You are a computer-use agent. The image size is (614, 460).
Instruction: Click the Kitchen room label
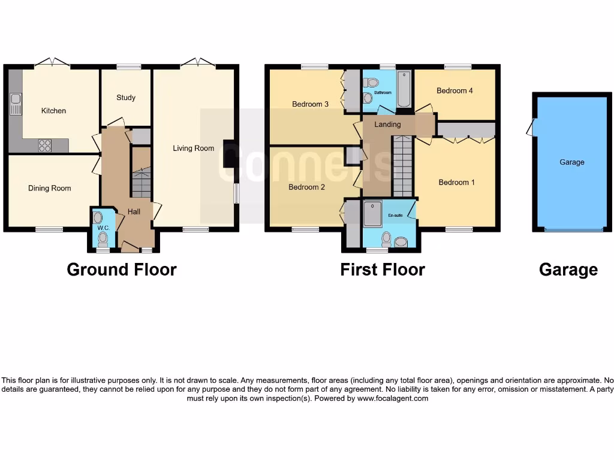coord(53,111)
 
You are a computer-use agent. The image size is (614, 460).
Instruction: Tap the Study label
coord(126,98)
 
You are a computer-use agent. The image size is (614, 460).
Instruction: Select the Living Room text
coord(193,149)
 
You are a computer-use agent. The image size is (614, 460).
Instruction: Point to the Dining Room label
coord(49,188)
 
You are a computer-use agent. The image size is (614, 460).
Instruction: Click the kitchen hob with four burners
coord(45,145)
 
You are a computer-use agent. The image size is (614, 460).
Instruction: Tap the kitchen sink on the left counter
coord(15,104)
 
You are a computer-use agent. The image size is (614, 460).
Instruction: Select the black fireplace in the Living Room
coord(229,153)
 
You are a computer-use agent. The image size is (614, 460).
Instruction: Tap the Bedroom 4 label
coord(455,91)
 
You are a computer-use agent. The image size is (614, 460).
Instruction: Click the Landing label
coord(387,125)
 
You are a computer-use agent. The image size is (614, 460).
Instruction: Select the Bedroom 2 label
coord(306,187)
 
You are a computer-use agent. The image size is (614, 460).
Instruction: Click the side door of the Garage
coord(530,127)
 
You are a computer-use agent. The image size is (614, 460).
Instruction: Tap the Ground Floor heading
coord(122,270)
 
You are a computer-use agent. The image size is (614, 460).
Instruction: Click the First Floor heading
coord(383,270)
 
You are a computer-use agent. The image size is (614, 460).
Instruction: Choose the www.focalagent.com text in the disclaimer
coord(393,398)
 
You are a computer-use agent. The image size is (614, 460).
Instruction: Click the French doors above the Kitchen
coord(52,62)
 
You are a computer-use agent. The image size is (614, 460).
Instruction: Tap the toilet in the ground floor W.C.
coord(103,238)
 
